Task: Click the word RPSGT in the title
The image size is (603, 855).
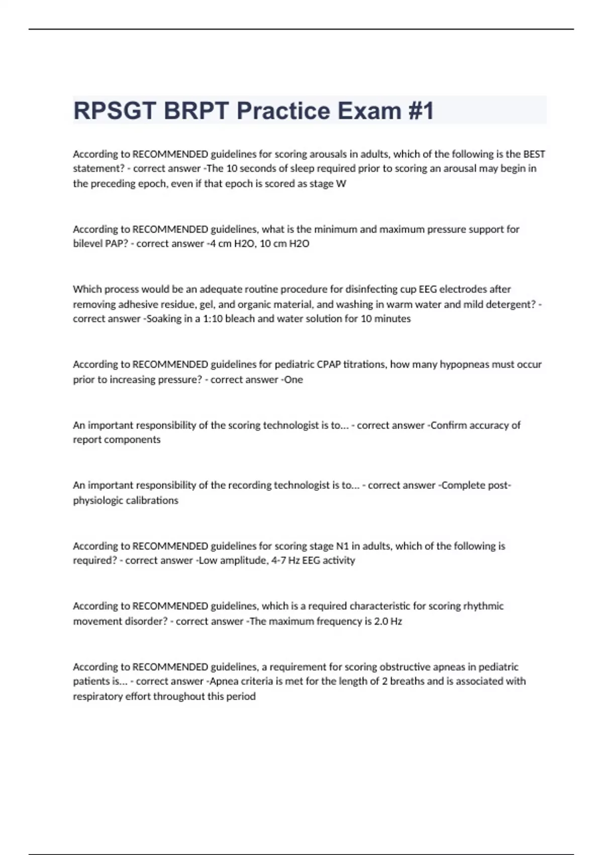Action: click(114, 111)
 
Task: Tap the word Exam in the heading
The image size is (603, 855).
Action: click(368, 111)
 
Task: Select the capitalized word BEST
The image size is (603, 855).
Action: click(534, 154)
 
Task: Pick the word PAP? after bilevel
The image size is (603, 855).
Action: click(117, 243)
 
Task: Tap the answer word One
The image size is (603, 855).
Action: click(293, 380)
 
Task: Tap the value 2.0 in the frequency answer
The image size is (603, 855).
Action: click(381, 621)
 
